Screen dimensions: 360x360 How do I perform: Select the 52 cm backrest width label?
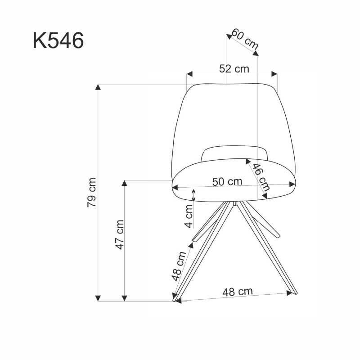pos(234,69)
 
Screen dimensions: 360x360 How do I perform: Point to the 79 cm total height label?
pos(92,192)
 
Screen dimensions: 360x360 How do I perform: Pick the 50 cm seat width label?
pos(227,182)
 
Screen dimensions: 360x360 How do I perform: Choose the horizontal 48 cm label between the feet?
pos(237,291)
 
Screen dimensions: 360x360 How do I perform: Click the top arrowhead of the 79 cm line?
pos(98,86)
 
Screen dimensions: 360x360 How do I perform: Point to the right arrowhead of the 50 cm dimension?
pos(293,184)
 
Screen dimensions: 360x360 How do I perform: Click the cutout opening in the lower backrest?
pos(234,153)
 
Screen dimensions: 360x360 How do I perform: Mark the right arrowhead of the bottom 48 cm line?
pos(289,293)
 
